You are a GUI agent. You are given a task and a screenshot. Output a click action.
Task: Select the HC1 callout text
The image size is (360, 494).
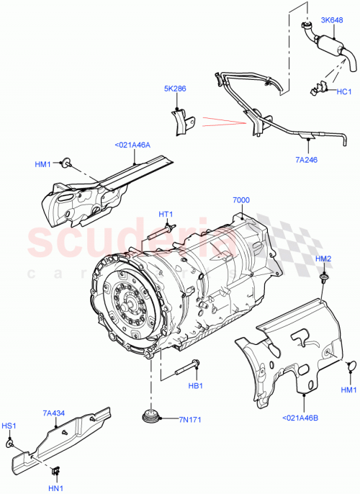[342, 91]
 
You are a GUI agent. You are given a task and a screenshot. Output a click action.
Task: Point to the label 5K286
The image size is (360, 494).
[176, 90]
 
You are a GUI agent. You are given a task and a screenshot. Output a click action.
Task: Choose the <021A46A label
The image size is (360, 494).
[132, 145]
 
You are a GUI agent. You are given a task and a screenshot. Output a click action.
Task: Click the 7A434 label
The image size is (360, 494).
[54, 413]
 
